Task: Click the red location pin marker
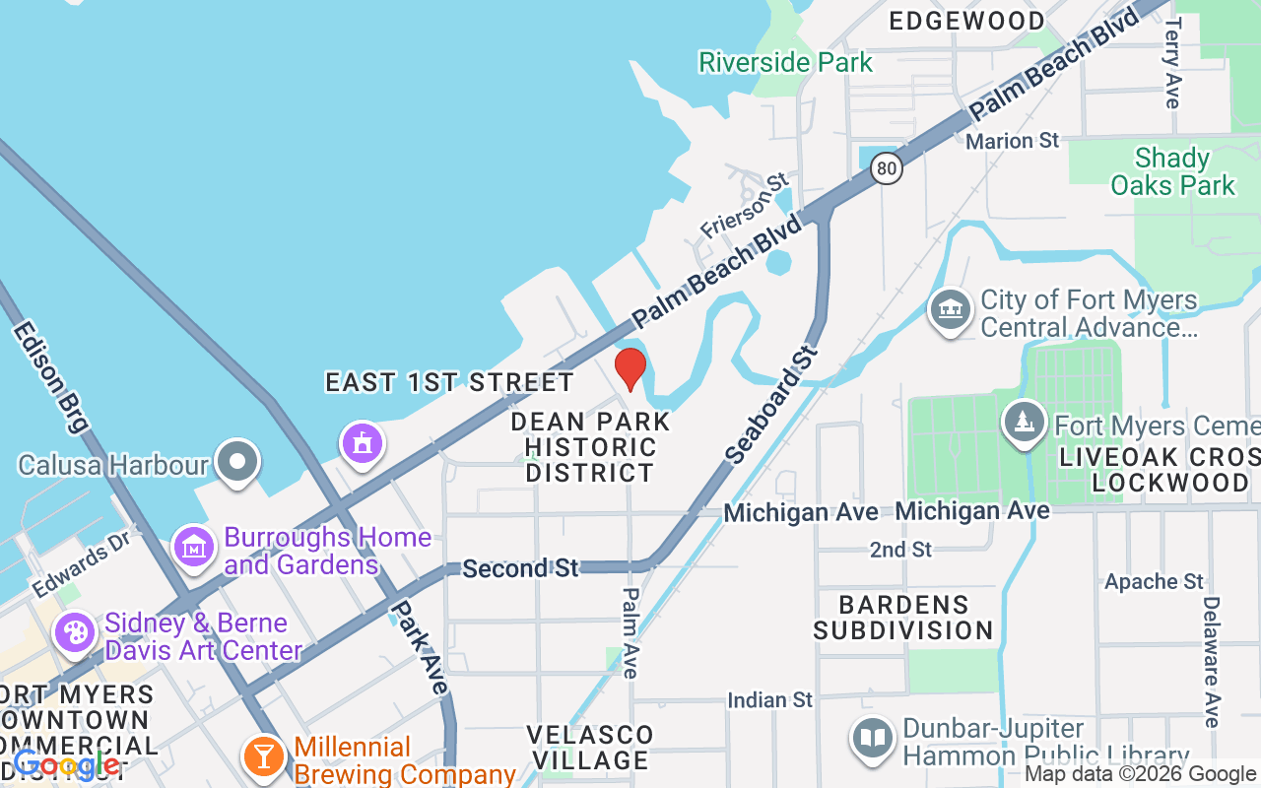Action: [630, 368]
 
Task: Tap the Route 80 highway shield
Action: [887, 168]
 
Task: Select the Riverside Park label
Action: [785, 62]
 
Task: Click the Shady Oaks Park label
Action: [1172, 171]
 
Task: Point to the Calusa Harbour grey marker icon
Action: [237, 463]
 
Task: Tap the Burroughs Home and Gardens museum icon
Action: [194, 548]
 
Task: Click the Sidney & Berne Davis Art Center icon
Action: [75, 632]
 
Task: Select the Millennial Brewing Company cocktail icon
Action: [263, 756]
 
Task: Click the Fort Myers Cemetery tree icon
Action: [1025, 423]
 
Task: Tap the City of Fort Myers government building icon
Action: [951, 309]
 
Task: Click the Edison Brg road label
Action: [51, 375]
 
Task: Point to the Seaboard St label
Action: [771, 404]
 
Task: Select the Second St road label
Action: [520, 568]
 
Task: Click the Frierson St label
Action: [745, 205]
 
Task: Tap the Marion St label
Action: [1012, 141]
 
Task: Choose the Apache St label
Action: [1154, 581]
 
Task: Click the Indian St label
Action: [769, 700]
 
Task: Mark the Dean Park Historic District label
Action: [590, 447]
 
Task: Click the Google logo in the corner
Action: [65, 764]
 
